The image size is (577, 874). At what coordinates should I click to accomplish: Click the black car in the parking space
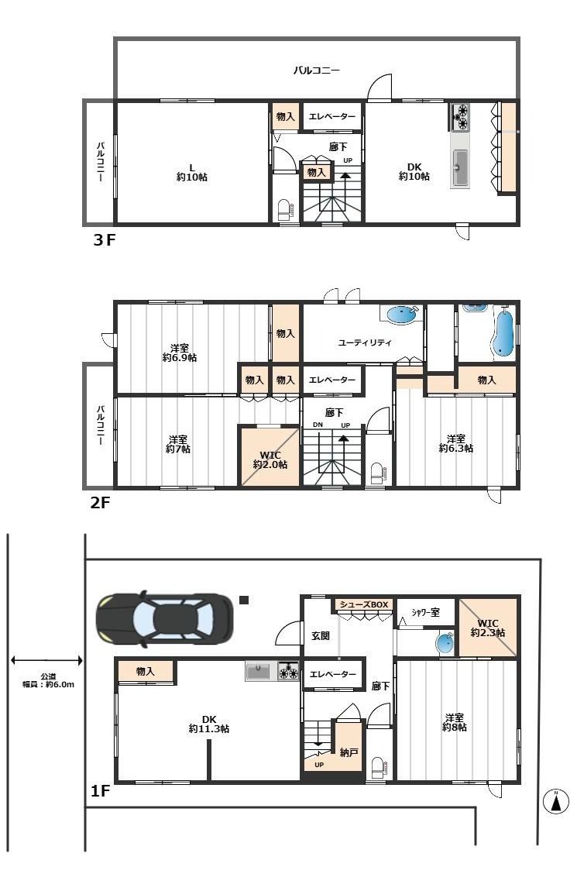click(164, 619)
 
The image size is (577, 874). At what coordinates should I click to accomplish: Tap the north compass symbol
click(555, 802)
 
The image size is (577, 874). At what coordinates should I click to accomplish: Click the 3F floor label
click(104, 240)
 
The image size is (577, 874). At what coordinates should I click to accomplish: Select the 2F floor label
click(100, 503)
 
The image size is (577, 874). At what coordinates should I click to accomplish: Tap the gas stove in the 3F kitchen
click(461, 116)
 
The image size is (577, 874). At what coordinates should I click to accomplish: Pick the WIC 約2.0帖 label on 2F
click(270, 459)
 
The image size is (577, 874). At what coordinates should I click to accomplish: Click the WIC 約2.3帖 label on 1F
click(488, 628)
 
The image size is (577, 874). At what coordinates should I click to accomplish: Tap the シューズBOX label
click(364, 605)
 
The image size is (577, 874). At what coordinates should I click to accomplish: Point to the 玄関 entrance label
click(321, 635)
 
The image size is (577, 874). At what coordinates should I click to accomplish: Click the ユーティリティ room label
click(365, 342)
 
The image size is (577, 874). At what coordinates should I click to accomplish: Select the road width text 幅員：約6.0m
click(48, 684)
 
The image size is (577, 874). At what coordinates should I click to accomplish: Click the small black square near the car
click(244, 600)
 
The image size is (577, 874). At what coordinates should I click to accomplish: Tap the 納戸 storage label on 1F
click(349, 752)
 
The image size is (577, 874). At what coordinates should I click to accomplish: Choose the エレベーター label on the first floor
click(332, 674)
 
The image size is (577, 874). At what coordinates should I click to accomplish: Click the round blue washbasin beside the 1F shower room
click(445, 644)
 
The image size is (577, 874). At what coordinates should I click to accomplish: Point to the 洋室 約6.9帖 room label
click(180, 353)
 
